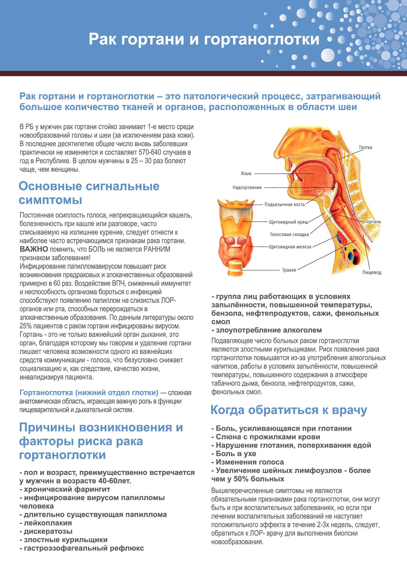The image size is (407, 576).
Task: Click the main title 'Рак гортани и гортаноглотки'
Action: pyautogui.click(x=204, y=39)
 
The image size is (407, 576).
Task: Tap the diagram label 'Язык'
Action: pyautogui.click(x=246, y=173)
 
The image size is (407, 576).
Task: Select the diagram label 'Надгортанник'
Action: pyautogui.click(x=247, y=187)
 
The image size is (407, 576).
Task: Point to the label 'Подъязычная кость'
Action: pyautogui.click(x=284, y=204)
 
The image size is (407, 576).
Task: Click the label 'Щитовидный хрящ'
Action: pyautogui.click(x=288, y=222)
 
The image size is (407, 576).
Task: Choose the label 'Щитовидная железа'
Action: pyautogui.click(x=290, y=247)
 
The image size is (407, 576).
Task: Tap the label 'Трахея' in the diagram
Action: pyautogui.click(x=289, y=270)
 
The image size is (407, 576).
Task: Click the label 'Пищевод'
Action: pyautogui.click(x=372, y=272)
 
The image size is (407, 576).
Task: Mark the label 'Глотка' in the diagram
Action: pyautogui.click(x=365, y=148)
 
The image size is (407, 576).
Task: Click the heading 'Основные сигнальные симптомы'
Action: pyautogui.click(x=89, y=193)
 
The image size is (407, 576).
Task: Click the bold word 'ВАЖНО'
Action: pyautogui.click(x=34, y=249)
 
